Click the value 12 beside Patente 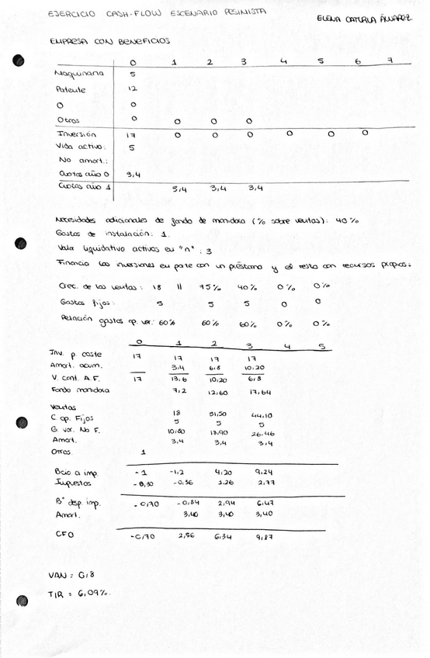coord(132,89)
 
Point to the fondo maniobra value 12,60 coord(216,392)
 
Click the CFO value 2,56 coord(179,535)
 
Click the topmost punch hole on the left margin coord(19,60)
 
